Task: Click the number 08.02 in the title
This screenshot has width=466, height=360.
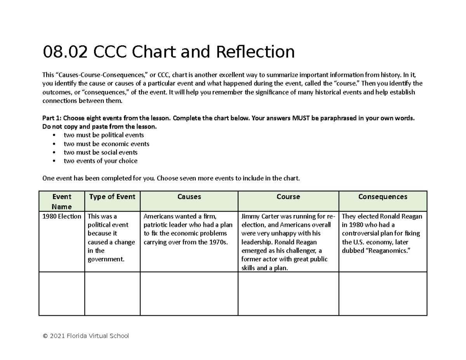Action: [x=63, y=52]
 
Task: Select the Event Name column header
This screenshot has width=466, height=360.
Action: [x=62, y=201]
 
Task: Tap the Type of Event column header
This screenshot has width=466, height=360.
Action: [x=112, y=197]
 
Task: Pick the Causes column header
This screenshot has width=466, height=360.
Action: [x=189, y=197]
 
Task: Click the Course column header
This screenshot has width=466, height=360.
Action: [x=288, y=197]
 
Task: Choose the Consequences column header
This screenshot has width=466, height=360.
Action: [x=383, y=197]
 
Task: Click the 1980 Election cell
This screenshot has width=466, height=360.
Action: [x=62, y=216]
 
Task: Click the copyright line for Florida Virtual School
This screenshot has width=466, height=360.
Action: [x=85, y=336]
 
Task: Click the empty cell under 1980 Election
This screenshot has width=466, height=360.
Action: [x=62, y=294]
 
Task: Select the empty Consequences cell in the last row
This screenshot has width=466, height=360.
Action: [x=383, y=294]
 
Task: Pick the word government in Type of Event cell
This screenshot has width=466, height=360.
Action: [x=106, y=259]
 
